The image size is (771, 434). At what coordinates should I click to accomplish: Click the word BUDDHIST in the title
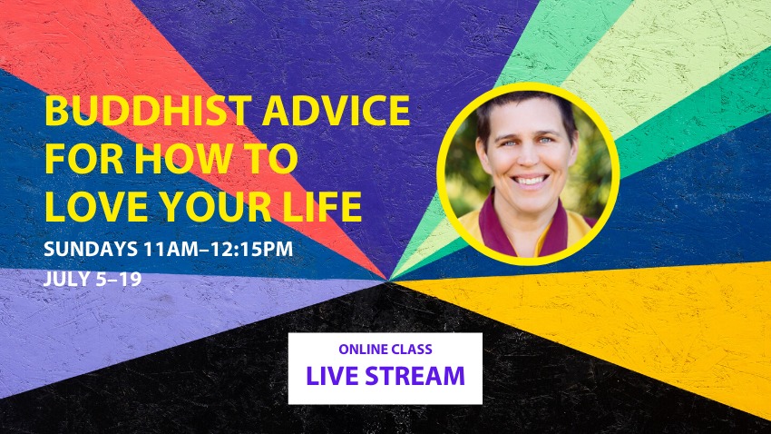[148, 111]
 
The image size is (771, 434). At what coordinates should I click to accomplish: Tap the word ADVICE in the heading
[337, 111]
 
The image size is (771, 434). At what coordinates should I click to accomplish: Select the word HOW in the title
[183, 159]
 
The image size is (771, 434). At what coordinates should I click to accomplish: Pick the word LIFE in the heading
[323, 206]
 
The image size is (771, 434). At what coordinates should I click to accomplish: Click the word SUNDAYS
[91, 249]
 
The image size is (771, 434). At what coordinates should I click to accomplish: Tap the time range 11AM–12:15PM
[219, 249]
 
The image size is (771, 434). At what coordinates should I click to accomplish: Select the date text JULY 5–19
[93, 279]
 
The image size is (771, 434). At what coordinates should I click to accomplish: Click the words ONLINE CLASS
[385, 350]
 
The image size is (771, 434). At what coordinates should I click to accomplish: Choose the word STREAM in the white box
[415, 376]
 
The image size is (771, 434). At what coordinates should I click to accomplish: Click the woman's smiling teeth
[529, 180]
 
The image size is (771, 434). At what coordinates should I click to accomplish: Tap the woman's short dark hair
[527, 107]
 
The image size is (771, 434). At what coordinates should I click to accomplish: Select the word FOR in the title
[84, 159]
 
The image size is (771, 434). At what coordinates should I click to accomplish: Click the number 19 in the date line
[131, 279]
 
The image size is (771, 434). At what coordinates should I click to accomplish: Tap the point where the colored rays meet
[389, 281]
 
